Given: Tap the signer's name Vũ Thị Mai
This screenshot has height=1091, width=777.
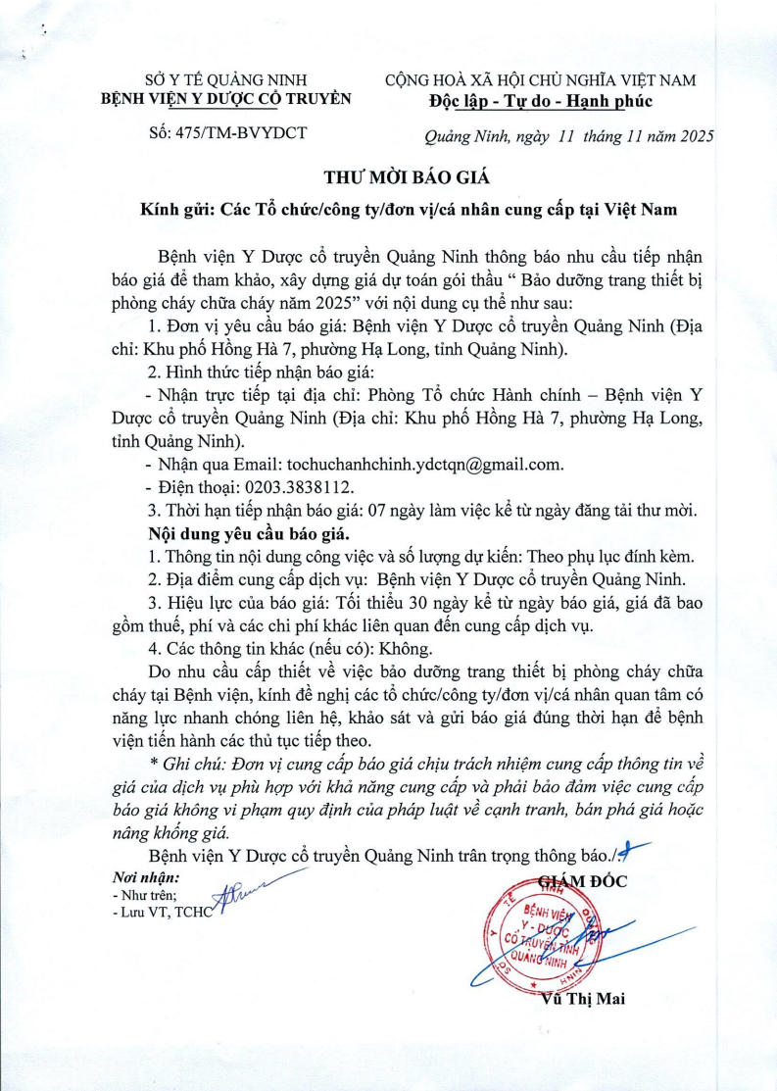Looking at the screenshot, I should pyautogui.click(x=582, y=1000).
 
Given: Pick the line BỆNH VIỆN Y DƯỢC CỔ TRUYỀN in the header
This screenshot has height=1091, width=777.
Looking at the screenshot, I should pyautogui.click(x=231, y=99).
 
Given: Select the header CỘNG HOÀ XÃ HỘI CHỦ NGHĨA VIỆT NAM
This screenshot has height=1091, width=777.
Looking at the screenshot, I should pyautogui.click(x=541, y=79).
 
